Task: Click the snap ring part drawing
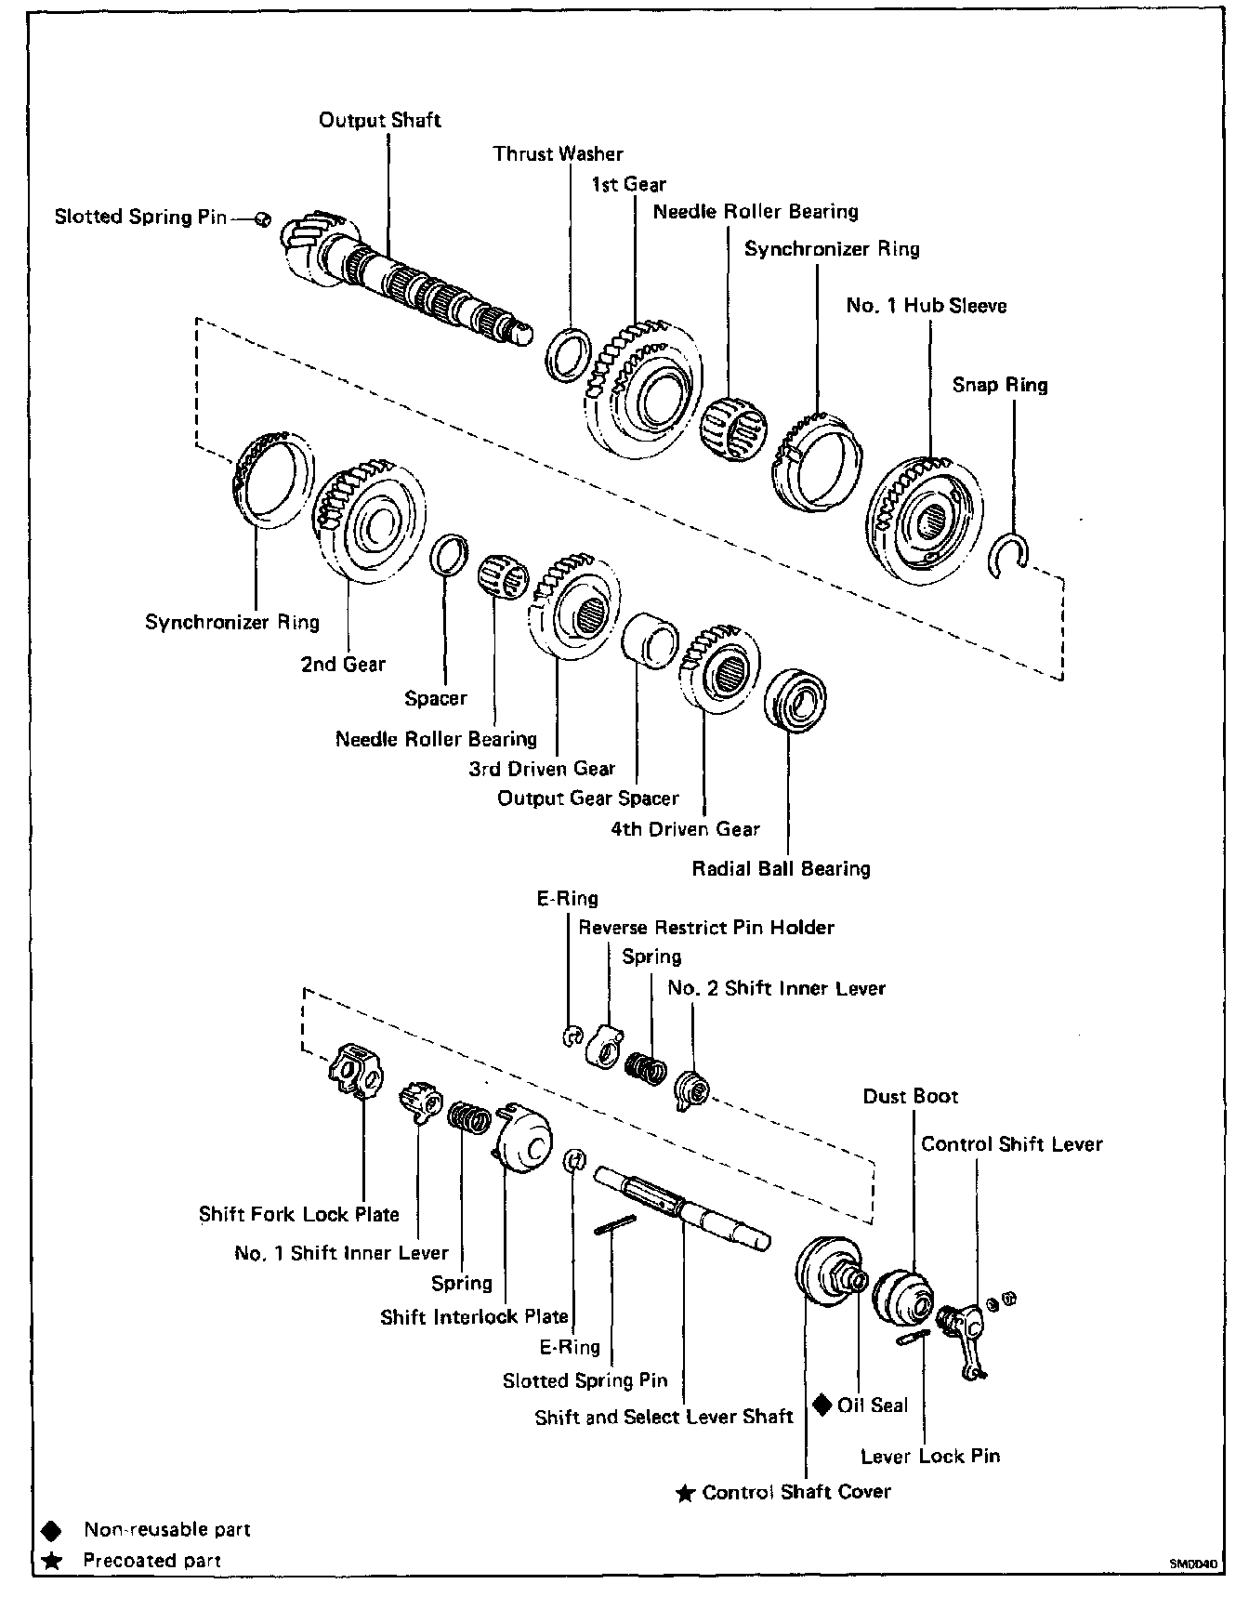click(1007, 555)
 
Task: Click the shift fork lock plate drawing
click(355, 1071)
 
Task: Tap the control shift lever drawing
click(966, 1339)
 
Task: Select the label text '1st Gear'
click(629, 184)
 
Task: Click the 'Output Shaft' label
click(379, 120)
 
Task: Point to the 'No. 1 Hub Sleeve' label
click(927, 306)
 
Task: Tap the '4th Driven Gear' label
click(685, 829)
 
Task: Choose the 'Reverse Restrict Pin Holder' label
click(706, 928)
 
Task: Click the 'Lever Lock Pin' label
click(930, 1457)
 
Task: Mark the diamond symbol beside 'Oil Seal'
click(822, 1405)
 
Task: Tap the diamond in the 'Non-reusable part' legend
click(52, 1530)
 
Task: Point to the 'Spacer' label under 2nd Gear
click(436, 698)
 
